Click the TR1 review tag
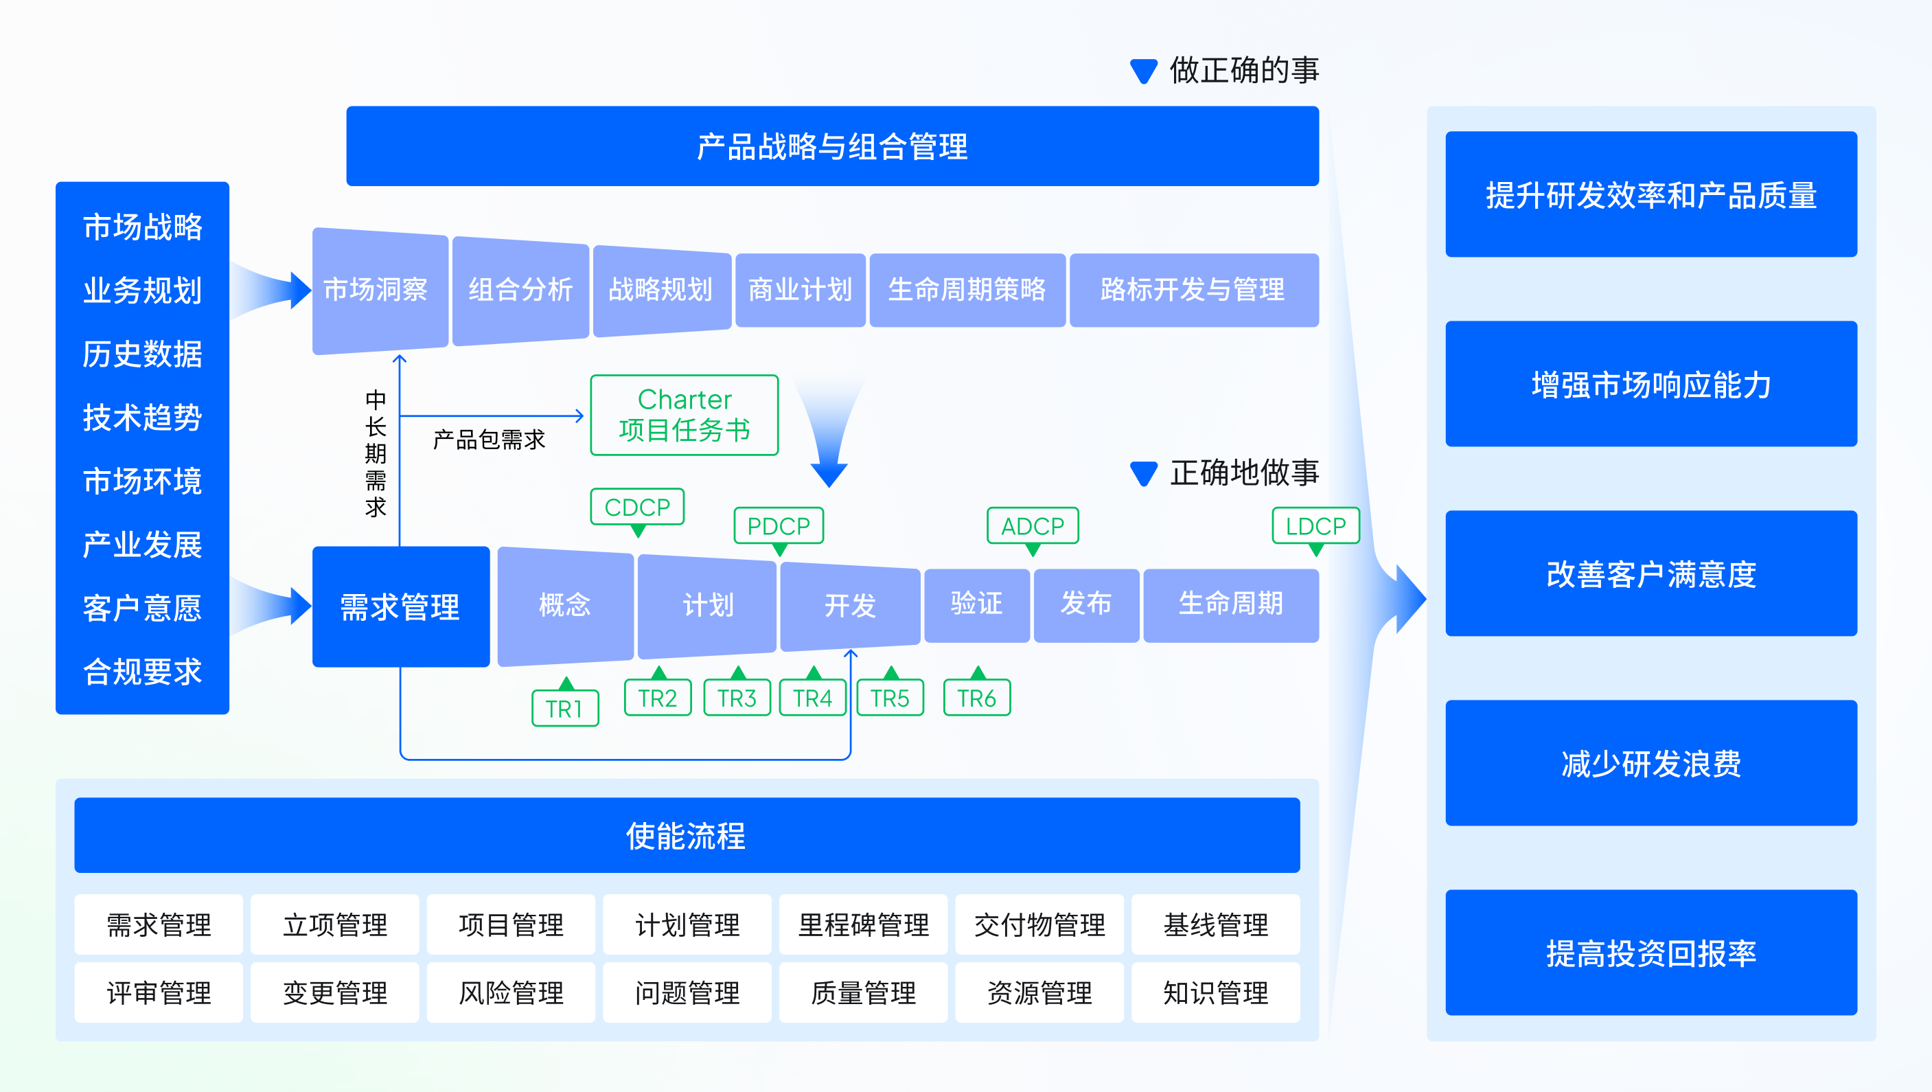(x=565, y=708)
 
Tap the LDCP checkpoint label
(x=1315, y=526)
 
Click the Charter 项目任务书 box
(x=684, y=415)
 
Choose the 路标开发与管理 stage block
(x=1193, y=291)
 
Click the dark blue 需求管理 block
(x=400, y=606)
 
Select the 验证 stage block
(x=976, y=604)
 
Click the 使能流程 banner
(x=687, y=834)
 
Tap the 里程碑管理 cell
(x=862, y=924)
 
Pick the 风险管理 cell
(x=511, y=993)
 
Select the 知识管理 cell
(x=1215, y=993)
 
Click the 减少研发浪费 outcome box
(x=1651, y=764)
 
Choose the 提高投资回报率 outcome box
(x=1651, y=953)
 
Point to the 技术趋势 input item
(x=143, y=417)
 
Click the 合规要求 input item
(x=143, y=671)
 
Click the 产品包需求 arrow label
(x=489, y=440)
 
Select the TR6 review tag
(x=976, y=698)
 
